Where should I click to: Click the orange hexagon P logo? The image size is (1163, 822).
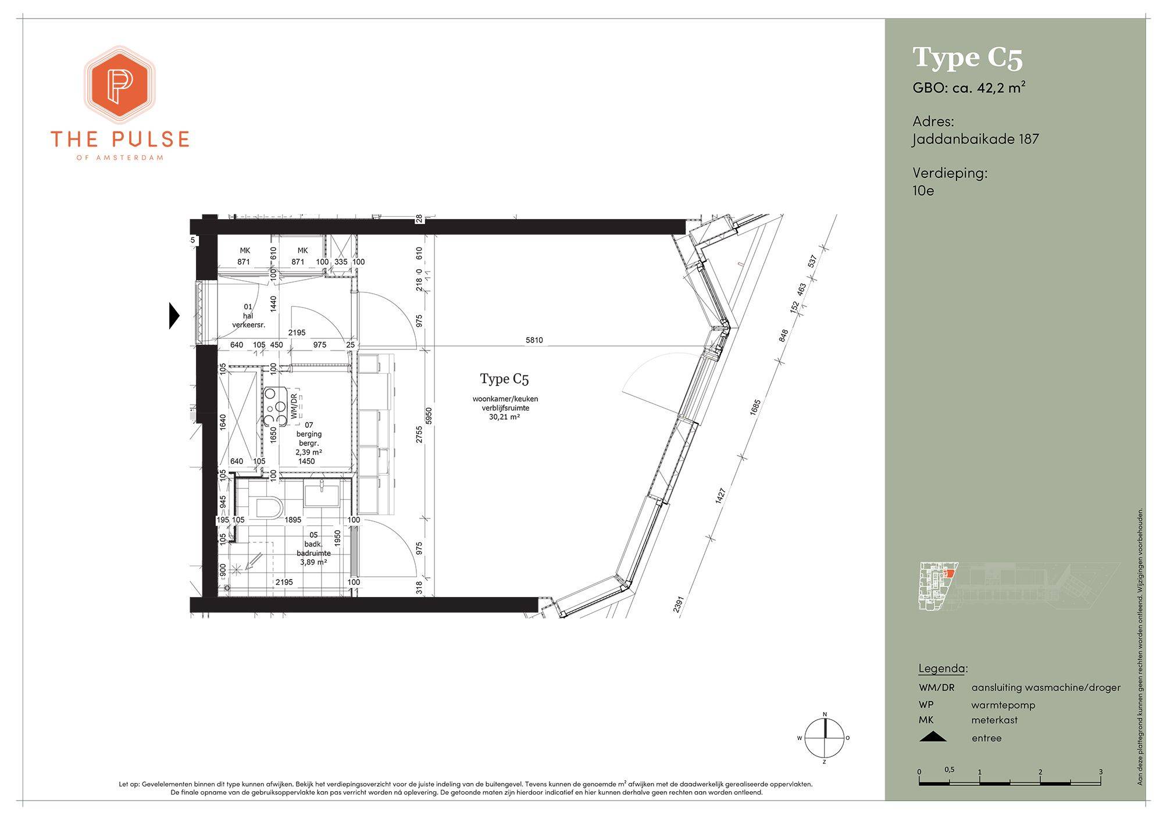(x=120, y=84)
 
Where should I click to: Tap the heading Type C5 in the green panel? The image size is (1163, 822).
(x=968, y=58)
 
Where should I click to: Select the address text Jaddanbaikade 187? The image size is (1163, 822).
(x=975, y=139)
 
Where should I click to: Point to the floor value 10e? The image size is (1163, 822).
(x=923, y=190)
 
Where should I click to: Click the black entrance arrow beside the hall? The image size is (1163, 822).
(x=174, y=316)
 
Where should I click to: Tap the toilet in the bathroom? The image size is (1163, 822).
(x=269, y=508)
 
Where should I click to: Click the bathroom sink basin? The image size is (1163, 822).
(x=321, y=496)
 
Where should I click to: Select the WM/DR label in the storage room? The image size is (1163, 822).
(x=294, y=406)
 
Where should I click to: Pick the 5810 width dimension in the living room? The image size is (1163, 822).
(x=534, y=340)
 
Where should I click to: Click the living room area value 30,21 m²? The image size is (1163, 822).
(x=504, y=417)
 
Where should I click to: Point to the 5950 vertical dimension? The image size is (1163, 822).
(x=429, y=416)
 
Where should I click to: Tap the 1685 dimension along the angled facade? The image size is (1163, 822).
(x=755, y=407)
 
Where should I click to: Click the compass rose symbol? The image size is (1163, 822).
(x=824, y=738)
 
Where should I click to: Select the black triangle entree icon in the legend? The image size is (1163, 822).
(x=933, y=737)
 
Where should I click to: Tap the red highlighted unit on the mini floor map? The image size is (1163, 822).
(x=948, y=574)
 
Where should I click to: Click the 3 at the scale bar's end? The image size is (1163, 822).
(x=1101, y=772)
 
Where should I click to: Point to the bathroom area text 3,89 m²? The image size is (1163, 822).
(x=313, y=562)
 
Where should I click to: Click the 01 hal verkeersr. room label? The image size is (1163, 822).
(x=248, y=316)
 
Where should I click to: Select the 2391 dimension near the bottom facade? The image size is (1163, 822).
(x=678, y=604)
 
